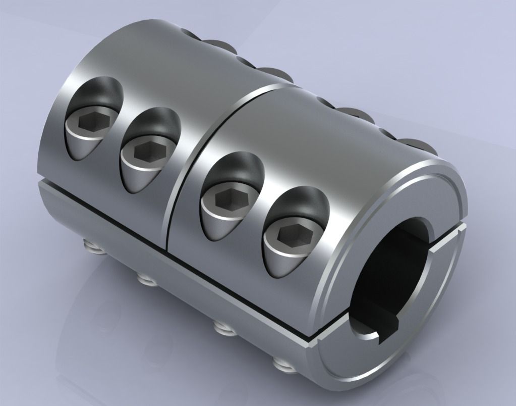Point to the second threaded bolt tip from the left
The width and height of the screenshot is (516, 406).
pyautogui.click(x=144, y=278)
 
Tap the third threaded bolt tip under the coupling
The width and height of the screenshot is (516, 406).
pyautogui.click(x=220, y=328)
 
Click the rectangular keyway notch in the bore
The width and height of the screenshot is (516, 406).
pyautogui.click(x=388, y=331)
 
